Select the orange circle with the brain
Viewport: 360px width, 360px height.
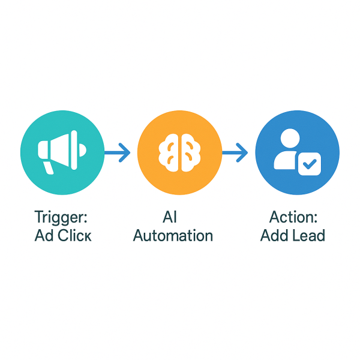pos(179,153)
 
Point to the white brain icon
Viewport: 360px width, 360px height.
pos(179,153)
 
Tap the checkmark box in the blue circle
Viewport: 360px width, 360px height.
pos(310,163)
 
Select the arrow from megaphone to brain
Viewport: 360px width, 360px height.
pos(118,153)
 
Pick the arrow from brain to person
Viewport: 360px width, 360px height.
pos(235,153)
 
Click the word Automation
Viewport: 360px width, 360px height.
pos(173,235)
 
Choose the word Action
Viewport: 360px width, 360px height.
pos(290,217)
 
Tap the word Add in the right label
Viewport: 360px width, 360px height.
pos(274,235)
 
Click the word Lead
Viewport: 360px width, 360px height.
pos(308,235)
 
